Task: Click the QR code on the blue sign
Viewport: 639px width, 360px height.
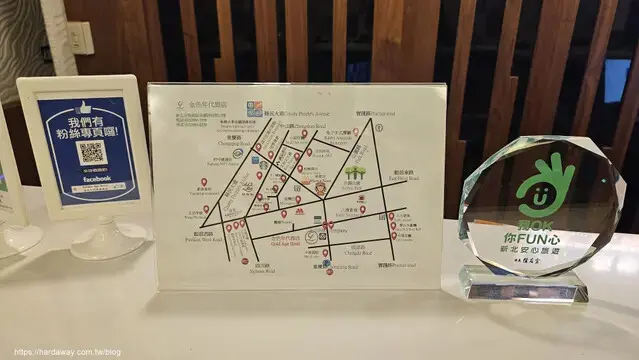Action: [x=91, y=153]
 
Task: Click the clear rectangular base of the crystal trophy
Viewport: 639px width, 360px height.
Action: [x=523, y=285]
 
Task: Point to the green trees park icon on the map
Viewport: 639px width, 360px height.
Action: [x=353, y=184]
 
